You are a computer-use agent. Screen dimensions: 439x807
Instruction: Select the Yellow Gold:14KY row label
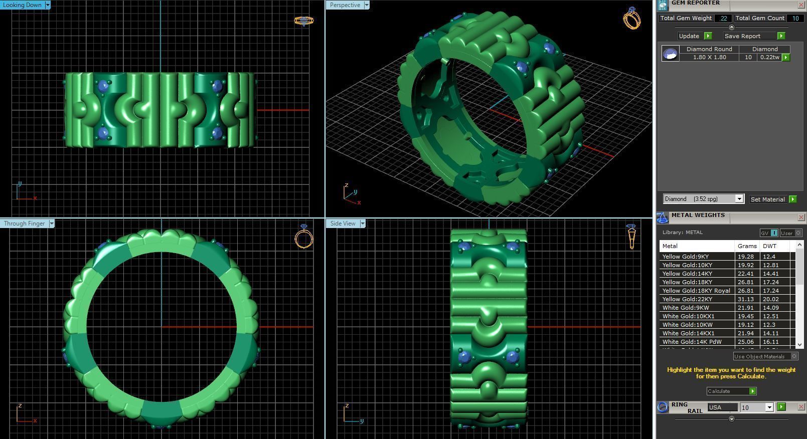click(687, 274)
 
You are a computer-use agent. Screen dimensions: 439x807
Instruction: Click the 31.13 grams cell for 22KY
click(746, 299)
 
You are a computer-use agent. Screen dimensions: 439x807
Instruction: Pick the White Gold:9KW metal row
click(686, 308)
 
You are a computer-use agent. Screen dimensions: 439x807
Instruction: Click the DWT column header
click(769, 246)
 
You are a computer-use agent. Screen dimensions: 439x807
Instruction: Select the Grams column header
click(747, 246)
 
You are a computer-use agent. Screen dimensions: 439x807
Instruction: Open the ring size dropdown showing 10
click(769, 407)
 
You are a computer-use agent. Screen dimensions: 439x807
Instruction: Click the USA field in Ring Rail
click(722, 407)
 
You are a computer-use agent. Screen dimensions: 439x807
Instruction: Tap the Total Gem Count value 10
click(795, 18)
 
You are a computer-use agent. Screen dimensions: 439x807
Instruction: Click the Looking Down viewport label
click(23, 5)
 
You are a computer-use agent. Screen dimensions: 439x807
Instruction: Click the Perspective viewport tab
click(345, 5)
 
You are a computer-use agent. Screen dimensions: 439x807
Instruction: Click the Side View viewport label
click(343, 224)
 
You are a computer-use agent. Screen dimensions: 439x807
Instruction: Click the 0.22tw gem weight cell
click(769, 57)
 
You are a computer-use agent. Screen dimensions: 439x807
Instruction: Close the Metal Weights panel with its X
click(801, 217)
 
